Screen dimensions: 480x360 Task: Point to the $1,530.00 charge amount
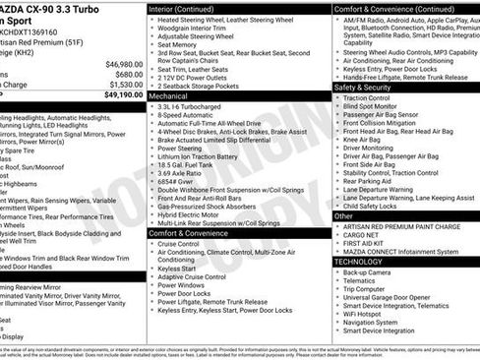point(117,85)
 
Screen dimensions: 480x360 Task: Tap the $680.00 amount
point(121,72)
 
